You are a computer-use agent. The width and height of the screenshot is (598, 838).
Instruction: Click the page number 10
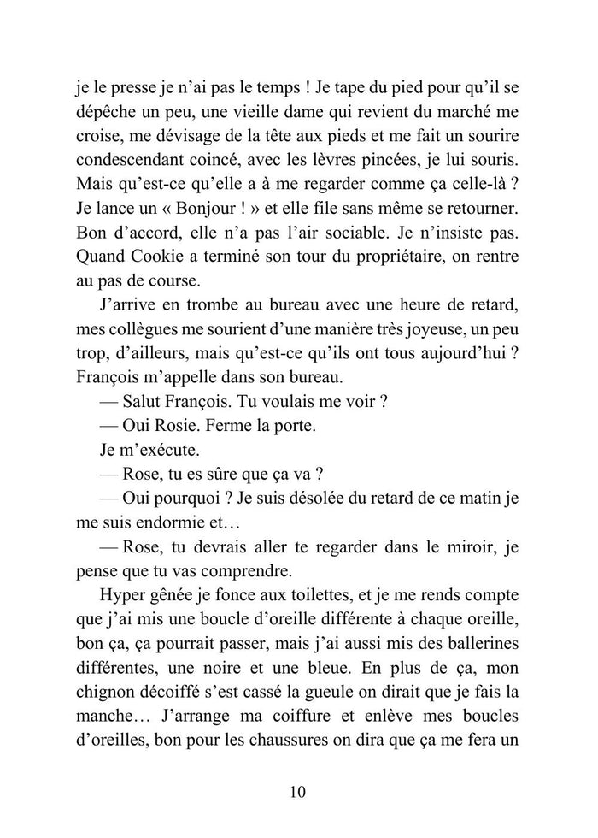click(298, 792)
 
